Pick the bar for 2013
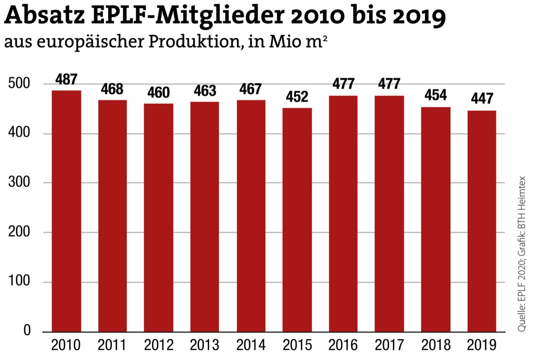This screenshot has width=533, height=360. [205, 217]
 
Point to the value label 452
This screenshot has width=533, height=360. [297, 96]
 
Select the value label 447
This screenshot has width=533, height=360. [482, 99]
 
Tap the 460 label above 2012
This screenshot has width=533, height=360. [158, 92]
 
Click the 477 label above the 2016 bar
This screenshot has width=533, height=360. [343, 84]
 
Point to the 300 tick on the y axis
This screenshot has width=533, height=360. [20, 183]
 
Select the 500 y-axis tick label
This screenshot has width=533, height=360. [20, 84]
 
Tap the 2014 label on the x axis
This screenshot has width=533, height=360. [251, 345]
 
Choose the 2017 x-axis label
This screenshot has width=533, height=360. [390, 345]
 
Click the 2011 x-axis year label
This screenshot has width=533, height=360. [113, 345]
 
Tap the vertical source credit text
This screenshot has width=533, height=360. [522, 254]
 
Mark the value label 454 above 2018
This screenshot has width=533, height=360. [436, 95]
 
